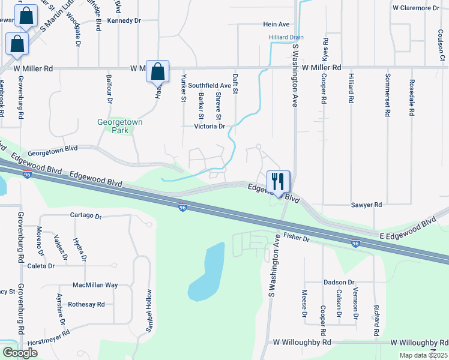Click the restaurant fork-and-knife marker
pos(278,181)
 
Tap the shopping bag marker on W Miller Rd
pos(157,71)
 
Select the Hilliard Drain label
pos(285,37)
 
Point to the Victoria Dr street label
pos(209,127)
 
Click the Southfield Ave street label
pos(209,86)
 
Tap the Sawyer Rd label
pos(366,205)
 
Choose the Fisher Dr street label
pos(297,238)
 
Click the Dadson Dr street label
pos(339,282)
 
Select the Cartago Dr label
pos(86,215)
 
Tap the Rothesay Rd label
pos(86,304)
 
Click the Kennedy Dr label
pos(124,20)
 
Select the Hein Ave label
pos(276,25)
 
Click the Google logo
pos(20,353)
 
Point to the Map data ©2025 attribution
pos(424,355)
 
